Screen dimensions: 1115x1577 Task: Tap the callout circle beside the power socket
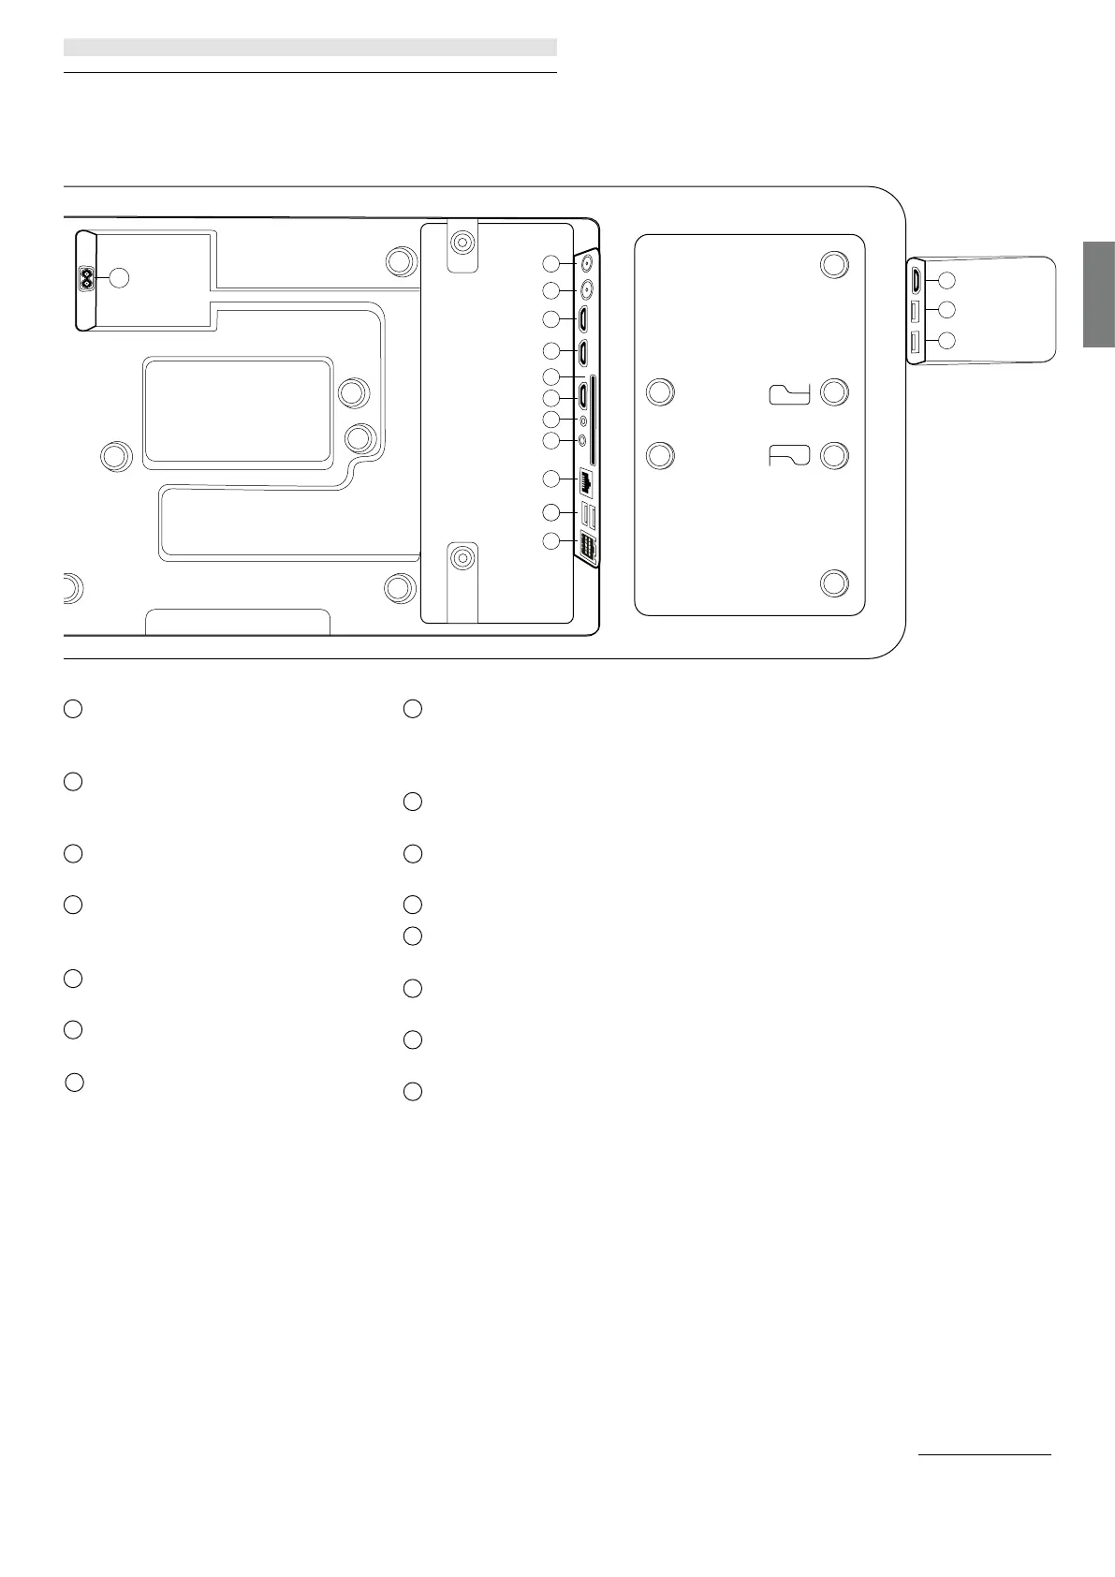pyautogui.click(x=118, y=277)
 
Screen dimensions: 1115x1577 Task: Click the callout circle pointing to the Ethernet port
pyautogui.click(x=552, y=479)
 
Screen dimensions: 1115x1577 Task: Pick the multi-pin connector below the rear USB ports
pyautogui.click(x=588, y=549)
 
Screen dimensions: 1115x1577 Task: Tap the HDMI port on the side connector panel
pyautogui.click(x=916, y=279)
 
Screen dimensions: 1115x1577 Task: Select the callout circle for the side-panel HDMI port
pyautogui.click(x=946, y=279)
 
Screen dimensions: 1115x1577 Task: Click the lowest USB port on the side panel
pyautogui.click(x=916, y=341)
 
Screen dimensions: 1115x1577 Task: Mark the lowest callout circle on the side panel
pyautogui.click(x=946, y=341)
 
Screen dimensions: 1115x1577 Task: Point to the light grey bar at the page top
pyautogui.click(x=310, y=47)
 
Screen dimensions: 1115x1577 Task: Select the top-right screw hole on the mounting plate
pyautogui.click(x=833, y=263)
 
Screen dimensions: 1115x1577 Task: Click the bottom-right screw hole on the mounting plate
pyautogui.click(x=833, y=583)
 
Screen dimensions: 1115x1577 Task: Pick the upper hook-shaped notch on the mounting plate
pyautogui.click(x=788, y=394)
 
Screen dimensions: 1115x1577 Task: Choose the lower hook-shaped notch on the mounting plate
pyautogui.click(x=788, y=456)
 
